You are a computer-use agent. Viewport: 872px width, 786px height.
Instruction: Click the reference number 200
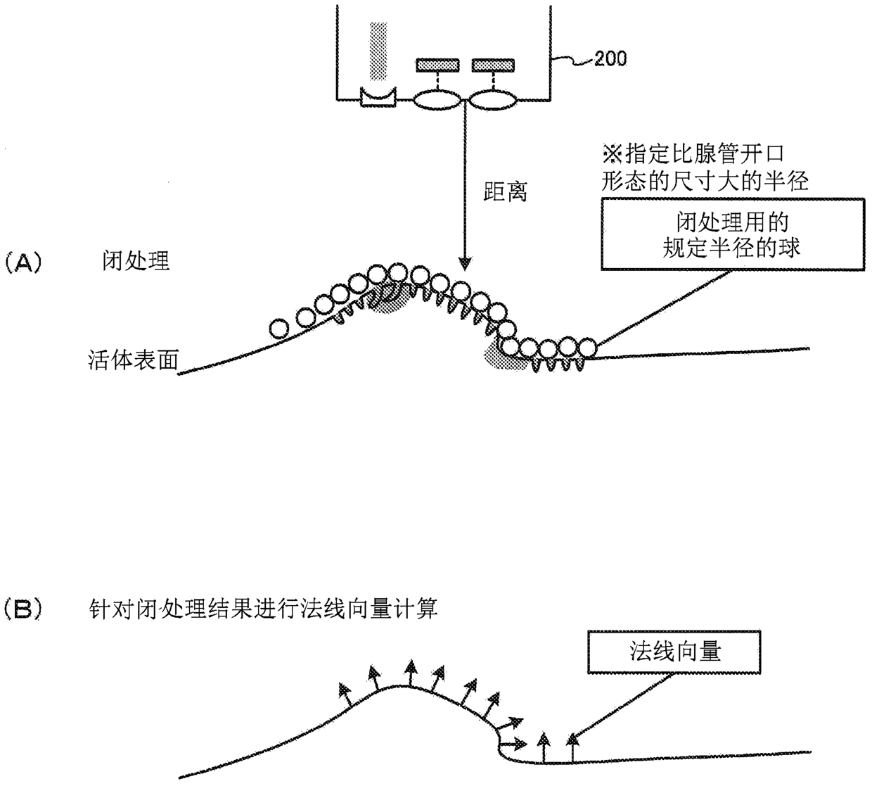[x=610, y=58]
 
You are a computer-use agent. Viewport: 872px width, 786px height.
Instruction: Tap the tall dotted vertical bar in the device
[x=379, y=51]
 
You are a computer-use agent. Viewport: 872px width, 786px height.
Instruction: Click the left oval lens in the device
[x=437, y=101]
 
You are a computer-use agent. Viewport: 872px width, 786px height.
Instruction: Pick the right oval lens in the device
[x=492, y=101]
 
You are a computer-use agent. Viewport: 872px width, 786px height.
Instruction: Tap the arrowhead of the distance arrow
[x=464, y=265]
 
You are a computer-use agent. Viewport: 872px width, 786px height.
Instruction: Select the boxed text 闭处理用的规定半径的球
[x=732, y=234]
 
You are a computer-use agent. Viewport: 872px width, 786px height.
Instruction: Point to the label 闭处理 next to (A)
[x=136, y=262]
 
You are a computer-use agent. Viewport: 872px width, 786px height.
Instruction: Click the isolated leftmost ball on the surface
[x=279, y=328]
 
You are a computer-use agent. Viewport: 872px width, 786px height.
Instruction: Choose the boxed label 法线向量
[x=675, y=652]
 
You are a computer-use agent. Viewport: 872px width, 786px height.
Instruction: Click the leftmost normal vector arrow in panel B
[x=344, y=693]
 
